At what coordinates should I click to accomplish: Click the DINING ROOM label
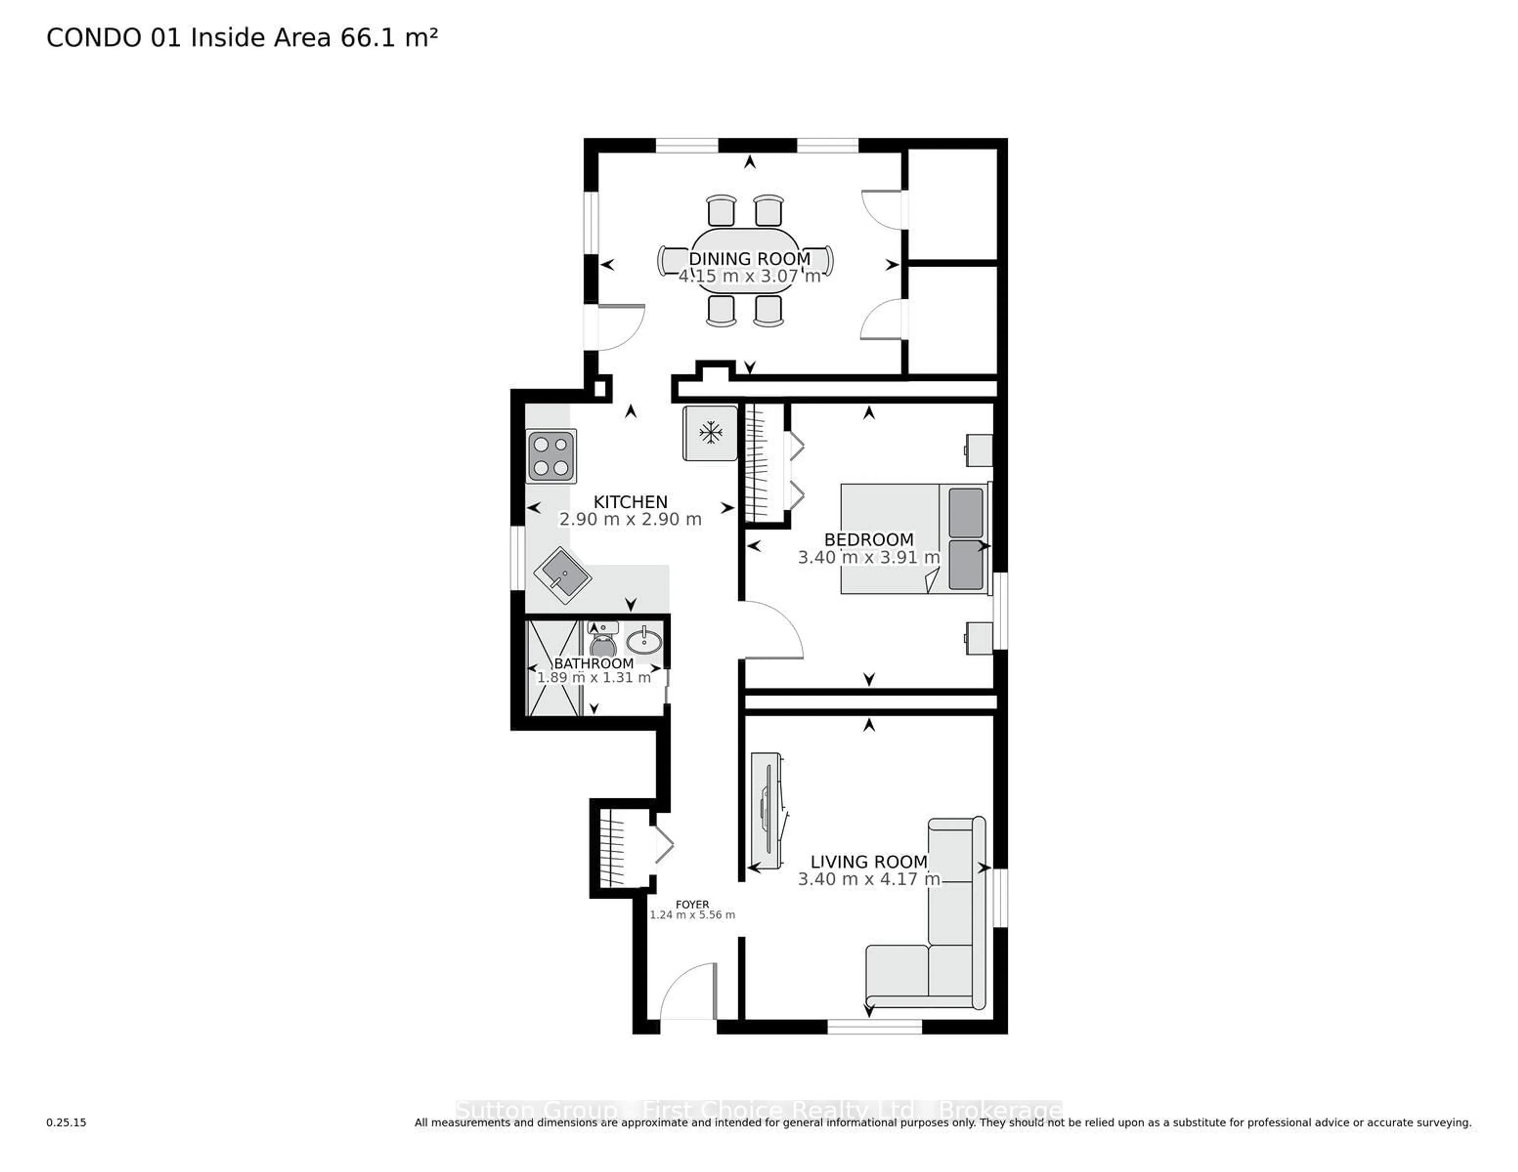[749, 258]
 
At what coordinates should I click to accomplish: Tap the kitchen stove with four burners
[551, 456]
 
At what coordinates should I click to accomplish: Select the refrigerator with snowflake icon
[710, 433]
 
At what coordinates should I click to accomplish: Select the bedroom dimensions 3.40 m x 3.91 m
[868, 557]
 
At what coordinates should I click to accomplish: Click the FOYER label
[692, 904]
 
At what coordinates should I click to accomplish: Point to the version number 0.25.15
[66, 1122]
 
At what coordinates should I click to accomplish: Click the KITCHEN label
[630, 502]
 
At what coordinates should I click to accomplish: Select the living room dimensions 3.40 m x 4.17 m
[868, 879]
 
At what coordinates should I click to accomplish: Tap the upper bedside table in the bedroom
[979, 450]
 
